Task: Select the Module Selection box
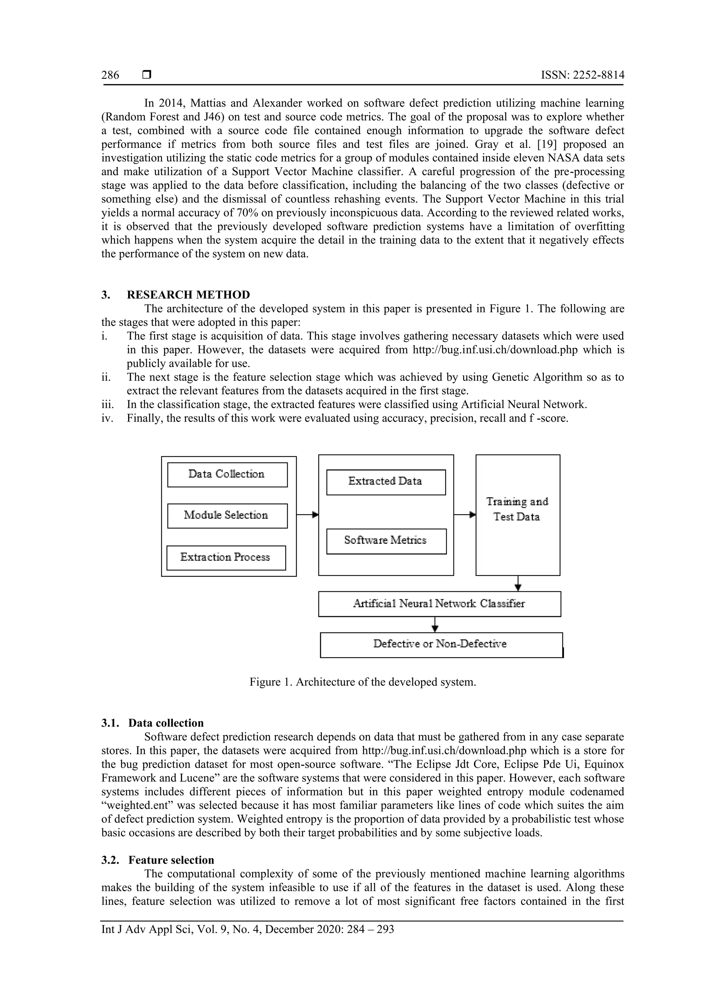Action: (x=227, y=516)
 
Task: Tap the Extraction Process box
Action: (x=226, y=557)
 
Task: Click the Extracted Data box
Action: (x=386, y=482)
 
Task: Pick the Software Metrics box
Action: (x=386, y=541)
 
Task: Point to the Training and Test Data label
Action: (x=517, y=509)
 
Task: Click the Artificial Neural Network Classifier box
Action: (x=439, y=604)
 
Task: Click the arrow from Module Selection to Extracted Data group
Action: (x=307, y=515)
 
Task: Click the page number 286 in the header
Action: (x=110, y=75)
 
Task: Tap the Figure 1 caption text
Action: (x=362, y=682)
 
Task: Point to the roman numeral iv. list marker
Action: (x=107, y=418)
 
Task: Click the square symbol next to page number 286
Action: (x=147, y=75)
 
